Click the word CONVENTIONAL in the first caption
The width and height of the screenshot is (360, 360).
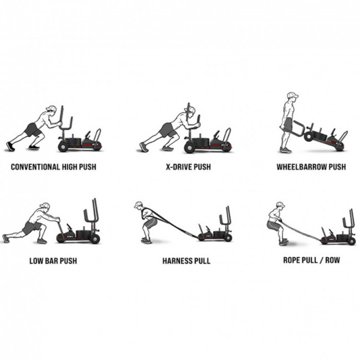35,167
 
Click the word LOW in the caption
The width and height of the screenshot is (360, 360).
36,261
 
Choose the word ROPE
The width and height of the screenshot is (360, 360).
291,260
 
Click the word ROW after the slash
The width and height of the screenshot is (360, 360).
332,260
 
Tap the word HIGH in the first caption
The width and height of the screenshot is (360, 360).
70,167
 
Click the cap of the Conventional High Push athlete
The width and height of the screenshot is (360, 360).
52,109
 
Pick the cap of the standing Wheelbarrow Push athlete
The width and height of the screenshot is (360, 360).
293,95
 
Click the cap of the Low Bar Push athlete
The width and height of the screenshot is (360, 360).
45,205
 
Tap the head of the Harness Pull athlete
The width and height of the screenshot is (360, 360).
138,205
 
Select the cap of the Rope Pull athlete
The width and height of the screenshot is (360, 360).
281,204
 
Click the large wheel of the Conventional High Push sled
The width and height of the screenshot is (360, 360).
63,147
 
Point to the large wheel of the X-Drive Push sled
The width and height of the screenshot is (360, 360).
189,148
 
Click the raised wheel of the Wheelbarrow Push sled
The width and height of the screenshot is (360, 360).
308,136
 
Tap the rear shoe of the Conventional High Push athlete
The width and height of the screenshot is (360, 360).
11,146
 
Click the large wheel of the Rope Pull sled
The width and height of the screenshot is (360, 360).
351,241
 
